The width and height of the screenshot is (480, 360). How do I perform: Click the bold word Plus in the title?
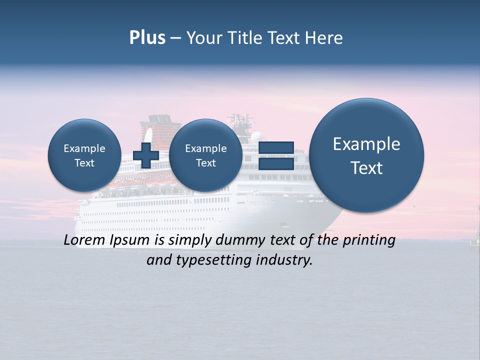click(147, 38)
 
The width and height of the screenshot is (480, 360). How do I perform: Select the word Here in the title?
click(323, 38)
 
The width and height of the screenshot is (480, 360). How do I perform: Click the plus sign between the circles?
click(146, 155)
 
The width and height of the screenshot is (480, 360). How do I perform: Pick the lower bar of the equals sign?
click(276, 163)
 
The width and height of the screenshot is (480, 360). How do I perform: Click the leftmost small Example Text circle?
click(84, 155)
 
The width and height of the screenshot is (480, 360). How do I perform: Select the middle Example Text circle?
click(205, 155)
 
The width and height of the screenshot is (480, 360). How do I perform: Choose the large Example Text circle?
click(366, 155)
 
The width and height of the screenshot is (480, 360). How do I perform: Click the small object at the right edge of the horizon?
click(475, 240)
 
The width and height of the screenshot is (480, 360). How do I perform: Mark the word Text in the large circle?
click(366, 168)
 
